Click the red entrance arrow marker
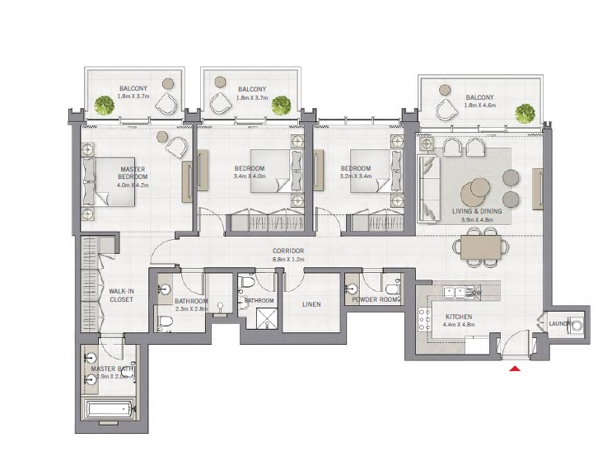point(516,369)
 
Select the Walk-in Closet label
point(121,294)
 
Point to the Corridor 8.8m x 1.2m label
point(289,255)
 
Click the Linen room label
point(311,304)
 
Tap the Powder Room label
point(376,300)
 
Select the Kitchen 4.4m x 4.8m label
point(460,320)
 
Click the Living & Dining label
point(477,215)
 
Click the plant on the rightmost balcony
point(523,112)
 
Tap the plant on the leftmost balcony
point(104,104)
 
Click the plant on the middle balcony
point(282,104)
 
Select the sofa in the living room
point(429,189)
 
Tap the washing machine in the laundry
point(576,325)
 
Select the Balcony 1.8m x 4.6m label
point(479,101)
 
